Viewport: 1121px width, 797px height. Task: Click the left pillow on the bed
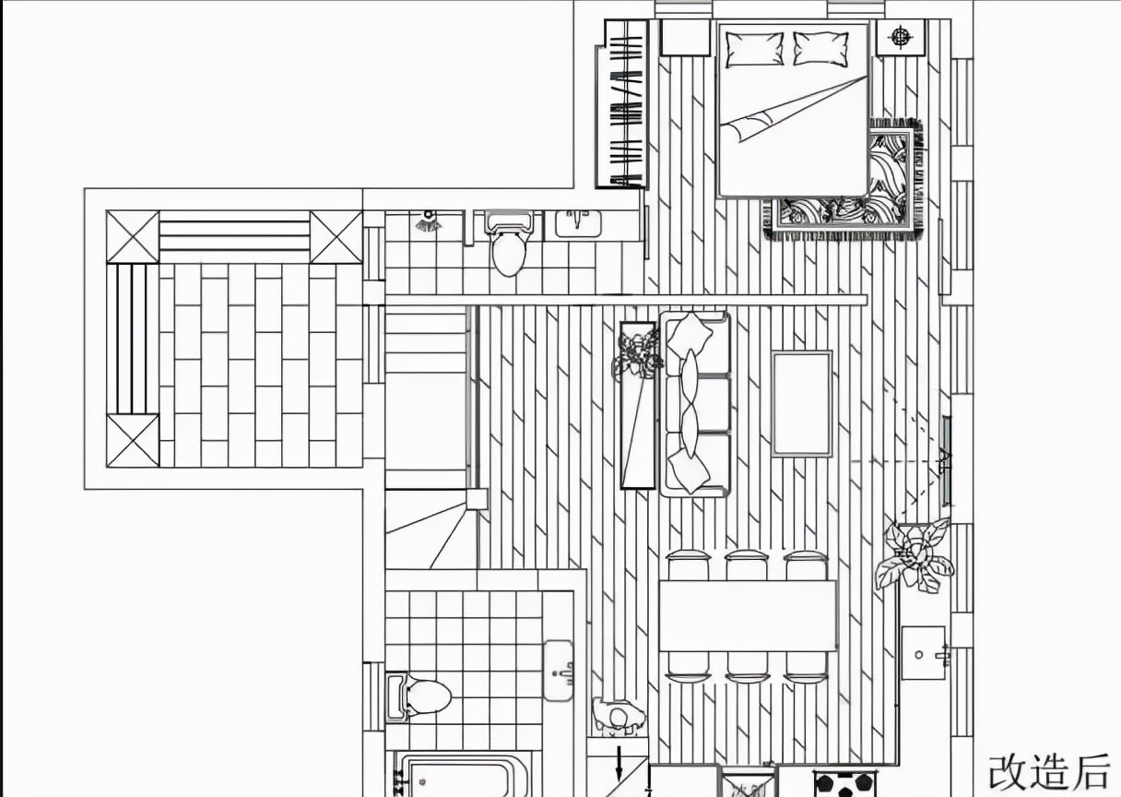coord(753,49)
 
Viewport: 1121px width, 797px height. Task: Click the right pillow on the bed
coord(820,49)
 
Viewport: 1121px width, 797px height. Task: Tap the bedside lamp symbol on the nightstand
coord(901,38)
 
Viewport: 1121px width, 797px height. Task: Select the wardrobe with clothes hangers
coord(624,104)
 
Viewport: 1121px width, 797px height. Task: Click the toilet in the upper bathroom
coord(509,244)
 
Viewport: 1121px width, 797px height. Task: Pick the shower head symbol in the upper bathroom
coord(427,222)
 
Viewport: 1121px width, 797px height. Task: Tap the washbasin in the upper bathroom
coord(578,222)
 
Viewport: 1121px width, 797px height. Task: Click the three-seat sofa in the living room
coord(695,403)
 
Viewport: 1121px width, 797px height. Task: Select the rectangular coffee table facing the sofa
coord(801,403)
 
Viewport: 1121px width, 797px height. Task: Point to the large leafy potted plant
coord(915,554)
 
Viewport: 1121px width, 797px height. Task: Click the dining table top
coord(747,615)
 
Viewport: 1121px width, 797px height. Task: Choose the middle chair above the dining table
coord(746,565)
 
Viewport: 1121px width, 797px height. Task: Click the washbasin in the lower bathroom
coord(559,670)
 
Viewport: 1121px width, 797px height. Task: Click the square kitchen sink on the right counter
coord(923,653)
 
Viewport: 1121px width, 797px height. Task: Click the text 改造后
coord(1049,771)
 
